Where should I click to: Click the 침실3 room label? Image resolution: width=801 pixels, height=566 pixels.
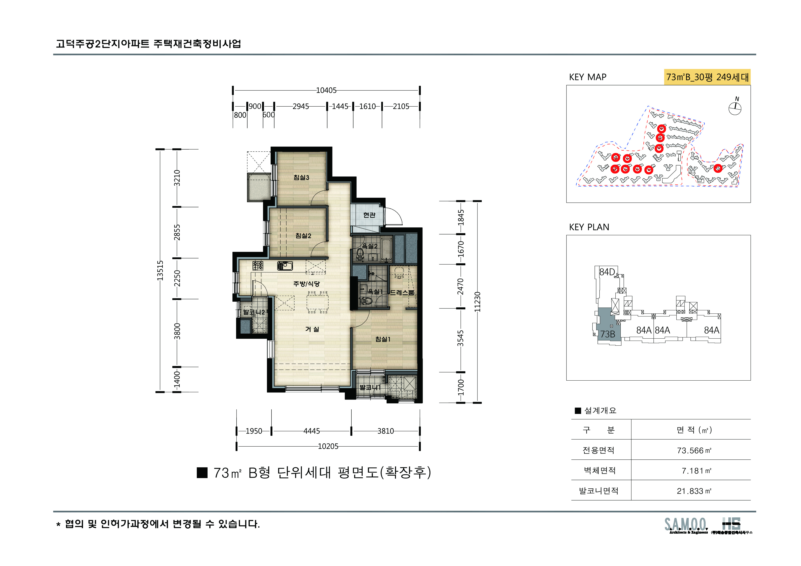click(x=301, y=177)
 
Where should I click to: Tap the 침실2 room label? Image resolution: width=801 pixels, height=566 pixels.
click(x=303, y=236)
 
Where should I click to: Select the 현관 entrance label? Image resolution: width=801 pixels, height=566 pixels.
click(x=369, y=215)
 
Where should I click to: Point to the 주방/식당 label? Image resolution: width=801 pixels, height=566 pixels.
click(x=306, y=284)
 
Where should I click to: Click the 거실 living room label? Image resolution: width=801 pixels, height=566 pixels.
click(x=312, y=329)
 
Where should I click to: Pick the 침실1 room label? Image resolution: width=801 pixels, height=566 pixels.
click(x=383, y=339)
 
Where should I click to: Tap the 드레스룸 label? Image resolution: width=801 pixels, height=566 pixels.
click(x=402, y=293)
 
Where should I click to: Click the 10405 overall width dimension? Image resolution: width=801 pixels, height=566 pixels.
click(x=326, y=90)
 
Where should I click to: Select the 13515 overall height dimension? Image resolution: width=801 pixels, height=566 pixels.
click(x=160, y=270)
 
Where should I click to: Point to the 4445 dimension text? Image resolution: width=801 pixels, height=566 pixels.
click(x=311, y=431)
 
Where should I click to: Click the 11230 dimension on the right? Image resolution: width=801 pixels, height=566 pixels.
click(x=477, y=302)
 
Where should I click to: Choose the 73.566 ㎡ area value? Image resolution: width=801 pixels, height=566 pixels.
click(x=693, y=450)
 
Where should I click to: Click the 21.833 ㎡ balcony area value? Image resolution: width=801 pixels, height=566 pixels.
click(x=693, y=491)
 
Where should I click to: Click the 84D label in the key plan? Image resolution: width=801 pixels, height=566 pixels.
click(x=607, y=272)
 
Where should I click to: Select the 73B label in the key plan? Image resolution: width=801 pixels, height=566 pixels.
click(x=607, y=334)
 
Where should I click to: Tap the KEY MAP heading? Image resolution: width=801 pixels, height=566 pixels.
click(x=588, y=77)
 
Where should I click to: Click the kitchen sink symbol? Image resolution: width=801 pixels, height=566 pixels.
click(x=285, y=266)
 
